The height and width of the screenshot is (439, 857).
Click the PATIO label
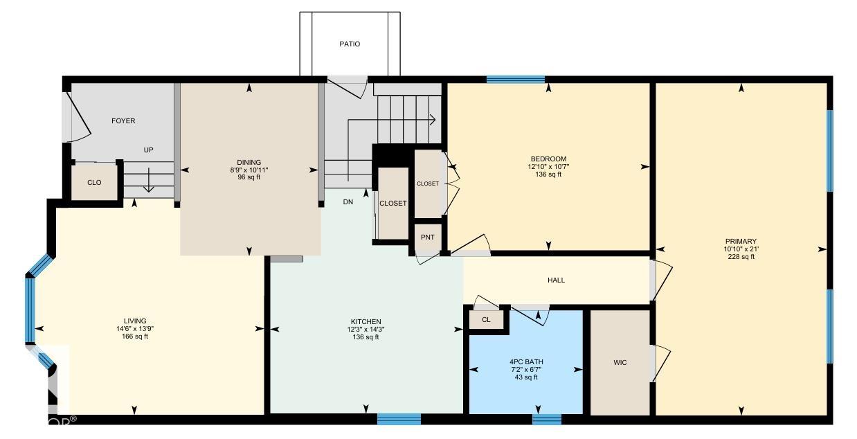pos(350,44)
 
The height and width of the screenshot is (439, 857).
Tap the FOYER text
pos(123,121)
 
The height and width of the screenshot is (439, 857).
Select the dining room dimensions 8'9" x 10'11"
pos(249,170)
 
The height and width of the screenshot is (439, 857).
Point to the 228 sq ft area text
pos(741,257)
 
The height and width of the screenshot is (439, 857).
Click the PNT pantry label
pos(427,238)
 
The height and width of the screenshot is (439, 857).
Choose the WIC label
pos(620,362)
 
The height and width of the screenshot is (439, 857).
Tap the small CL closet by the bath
pos(486,320)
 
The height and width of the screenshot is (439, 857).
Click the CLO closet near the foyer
pos(94,183)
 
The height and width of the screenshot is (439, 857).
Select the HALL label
pos(556,280)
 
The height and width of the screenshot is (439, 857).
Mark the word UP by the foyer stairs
pos(148,150)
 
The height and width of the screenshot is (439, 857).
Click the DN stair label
pos(348,202)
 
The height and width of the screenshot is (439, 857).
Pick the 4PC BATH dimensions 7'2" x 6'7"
pos(526,370)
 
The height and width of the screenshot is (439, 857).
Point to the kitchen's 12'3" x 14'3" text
pos(366,330)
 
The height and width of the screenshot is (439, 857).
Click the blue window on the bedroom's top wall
pos(516,80)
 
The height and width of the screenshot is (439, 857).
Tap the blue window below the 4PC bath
pos(547,420)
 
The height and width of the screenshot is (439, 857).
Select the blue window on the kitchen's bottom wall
pos(399,419)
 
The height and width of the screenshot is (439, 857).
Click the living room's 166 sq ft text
pos(135,337)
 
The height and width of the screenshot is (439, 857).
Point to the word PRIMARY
pos(741,242)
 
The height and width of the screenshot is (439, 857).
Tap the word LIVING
pos(135,321)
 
